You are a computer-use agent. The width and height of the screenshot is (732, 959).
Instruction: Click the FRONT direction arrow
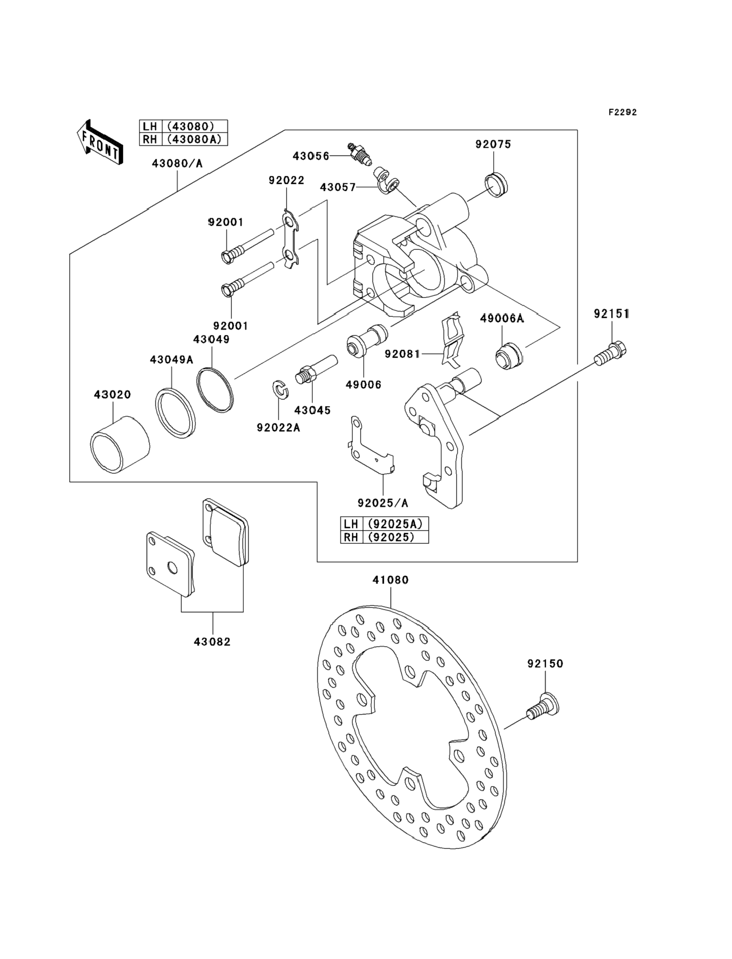pyautogui.click(x=100, y=142)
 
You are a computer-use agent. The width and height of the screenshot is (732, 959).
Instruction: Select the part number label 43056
pyautogui.click(x=311, y=156)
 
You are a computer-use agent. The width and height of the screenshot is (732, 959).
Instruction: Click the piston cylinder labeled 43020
pyautogui.click(x=120, y=445)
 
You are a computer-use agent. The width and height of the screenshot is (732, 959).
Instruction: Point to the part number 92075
pyautogui.click(x=493, y=144)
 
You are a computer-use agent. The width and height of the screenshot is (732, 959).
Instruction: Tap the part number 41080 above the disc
pyautogui.click(x=390, y=580)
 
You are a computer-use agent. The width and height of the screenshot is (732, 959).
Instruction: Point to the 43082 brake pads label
pyautogui.click(x=212, y=641)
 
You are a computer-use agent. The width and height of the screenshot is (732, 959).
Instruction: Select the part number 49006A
pyautogui.click(x=502, y=319)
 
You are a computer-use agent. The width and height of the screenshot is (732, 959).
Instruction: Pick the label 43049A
pyautogui.click(x=171, y=360)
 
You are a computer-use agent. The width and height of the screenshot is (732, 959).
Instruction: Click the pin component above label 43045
pyautogui.click(x=316, y=369)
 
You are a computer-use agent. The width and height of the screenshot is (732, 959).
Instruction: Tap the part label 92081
pyautogui.click(x=402, y=354)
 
